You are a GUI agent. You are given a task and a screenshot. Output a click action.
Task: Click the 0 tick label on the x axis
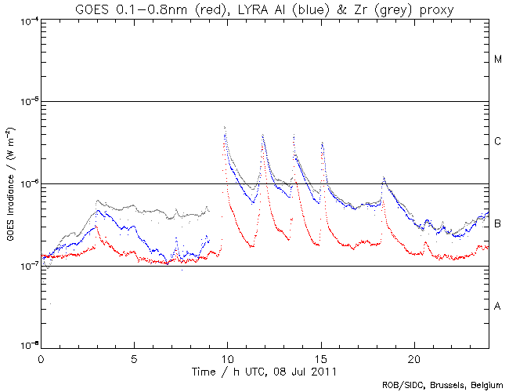point(41,358)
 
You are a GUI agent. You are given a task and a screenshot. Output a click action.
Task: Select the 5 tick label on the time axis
point(134,358)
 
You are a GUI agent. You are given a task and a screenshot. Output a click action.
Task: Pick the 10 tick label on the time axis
point(227,358)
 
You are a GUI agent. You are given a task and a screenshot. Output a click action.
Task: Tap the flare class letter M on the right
point(497,60)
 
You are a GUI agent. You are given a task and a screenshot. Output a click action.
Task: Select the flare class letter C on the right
point(497,142)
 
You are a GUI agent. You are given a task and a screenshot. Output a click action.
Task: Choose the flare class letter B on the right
point(497,224)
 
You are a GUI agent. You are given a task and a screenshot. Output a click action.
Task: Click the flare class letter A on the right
point(497,306)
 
